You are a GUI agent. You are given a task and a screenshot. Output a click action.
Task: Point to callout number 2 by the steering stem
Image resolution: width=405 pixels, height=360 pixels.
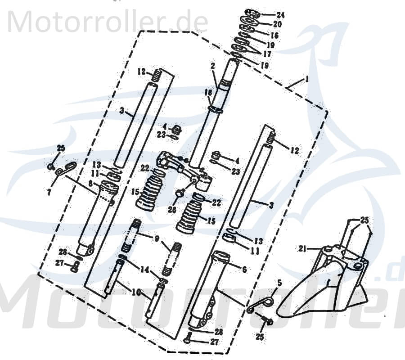pyautogui.click(x=212, y=66)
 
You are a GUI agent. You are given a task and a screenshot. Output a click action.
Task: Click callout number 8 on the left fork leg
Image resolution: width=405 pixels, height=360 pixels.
pyautogui.click(x=90, y=183)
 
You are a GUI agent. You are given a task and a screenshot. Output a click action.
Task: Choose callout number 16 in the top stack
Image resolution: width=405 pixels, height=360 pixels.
pyautogui.click(x=274, y=35)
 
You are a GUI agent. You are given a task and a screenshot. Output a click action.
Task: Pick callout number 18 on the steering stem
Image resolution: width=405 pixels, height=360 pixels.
pyautogui.click(x=208, y=92)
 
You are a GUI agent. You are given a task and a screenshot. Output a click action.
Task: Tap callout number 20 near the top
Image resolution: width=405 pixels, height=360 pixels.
pyautogui.click(x=277, y=24)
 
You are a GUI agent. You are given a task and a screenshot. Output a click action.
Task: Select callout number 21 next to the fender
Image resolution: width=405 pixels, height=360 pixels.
pyautogui.click(x=302, y=248)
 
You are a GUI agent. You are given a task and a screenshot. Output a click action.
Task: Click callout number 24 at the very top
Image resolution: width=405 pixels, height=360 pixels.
pyautogui.click(x=280, y=14)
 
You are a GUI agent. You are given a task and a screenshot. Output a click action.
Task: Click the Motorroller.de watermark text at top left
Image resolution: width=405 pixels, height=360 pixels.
pyautogui.click(x=108, y=21)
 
